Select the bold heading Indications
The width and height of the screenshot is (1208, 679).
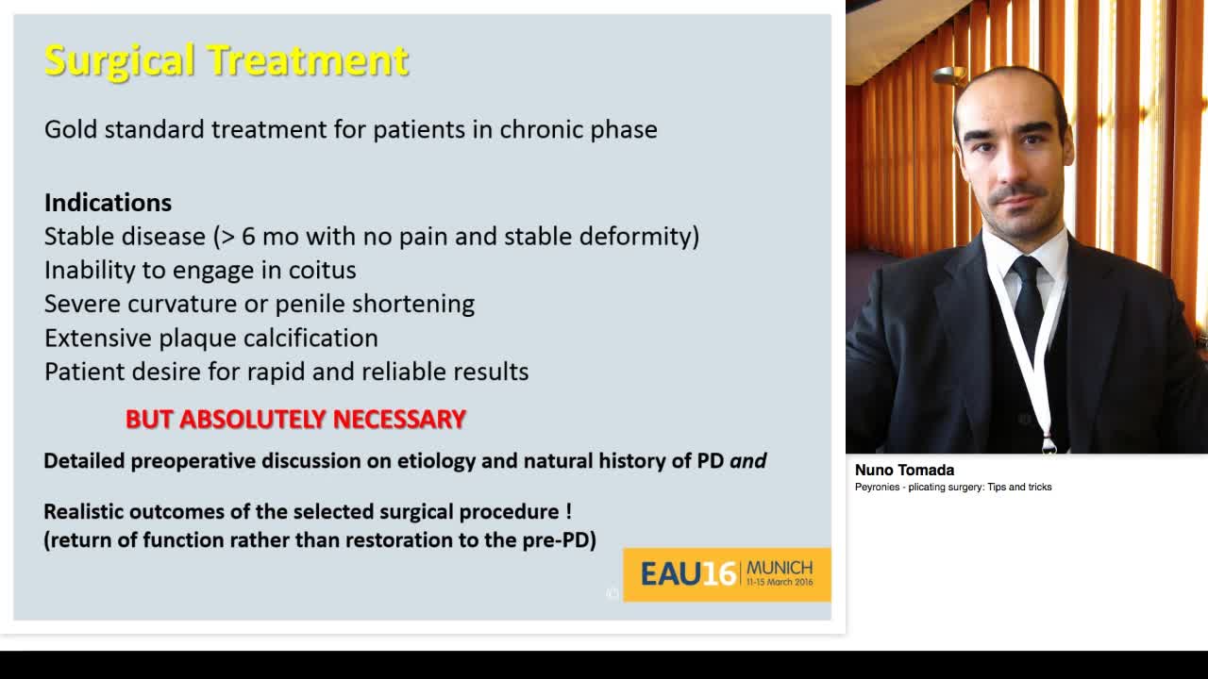(x=108, y=203)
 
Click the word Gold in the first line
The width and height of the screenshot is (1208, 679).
(x=71, y=129)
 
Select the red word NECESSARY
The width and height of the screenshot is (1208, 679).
(x=399, y=419)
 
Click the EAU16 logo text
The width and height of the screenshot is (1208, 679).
(x=688, y=573)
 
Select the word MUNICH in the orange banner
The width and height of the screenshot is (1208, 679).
(x=780, y=568)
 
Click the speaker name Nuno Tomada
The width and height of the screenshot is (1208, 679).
(x=904, y=470)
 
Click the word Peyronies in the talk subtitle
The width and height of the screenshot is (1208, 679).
(x=879, y=488)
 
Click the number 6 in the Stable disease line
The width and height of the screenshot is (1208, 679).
(x=249, y=237)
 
